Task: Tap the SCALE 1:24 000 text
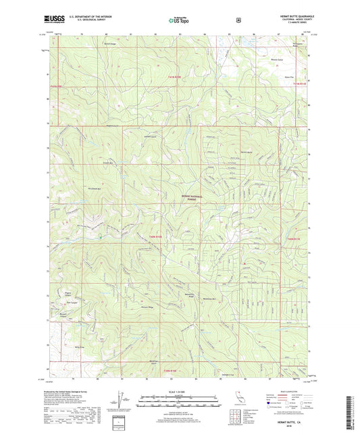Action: click(x=179, y=389)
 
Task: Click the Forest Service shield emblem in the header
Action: click(x=238, y=20)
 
